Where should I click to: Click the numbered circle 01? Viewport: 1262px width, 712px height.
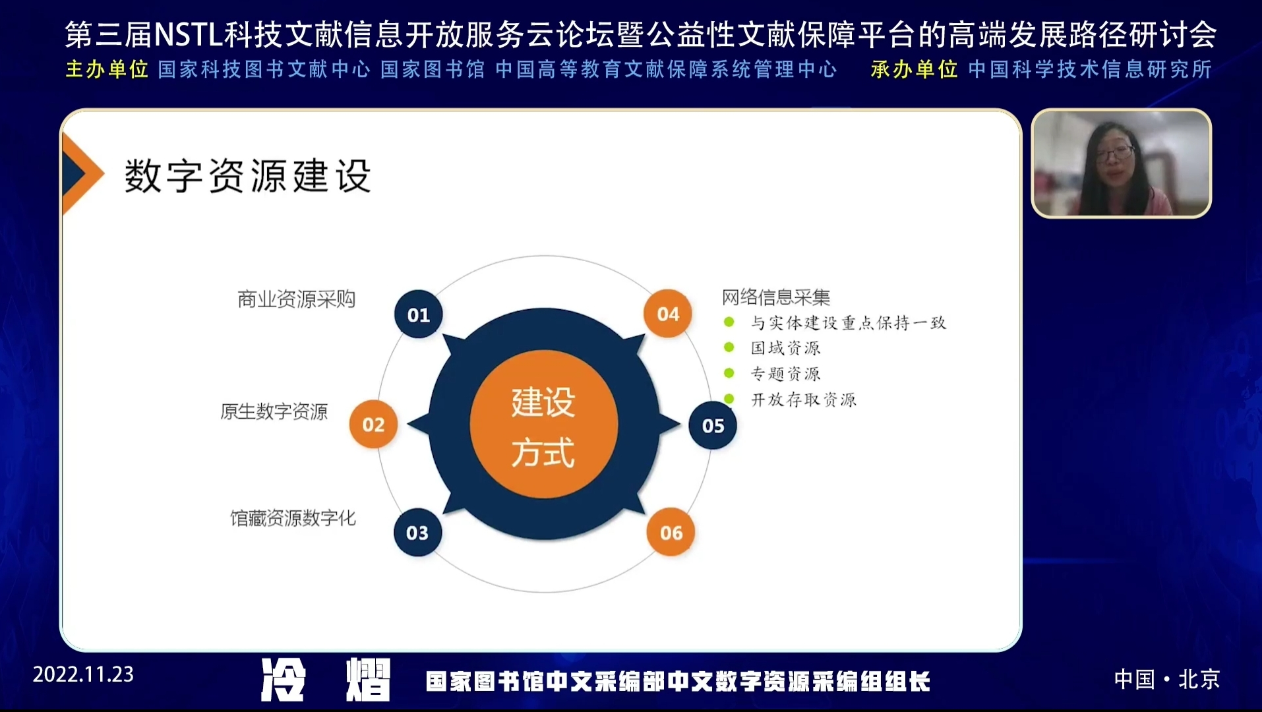tap(418, 314)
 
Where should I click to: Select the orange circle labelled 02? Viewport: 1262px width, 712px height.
tap(373, 425)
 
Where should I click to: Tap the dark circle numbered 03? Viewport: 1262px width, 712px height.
tap(417, 533)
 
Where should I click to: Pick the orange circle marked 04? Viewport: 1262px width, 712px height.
tap(668, 314)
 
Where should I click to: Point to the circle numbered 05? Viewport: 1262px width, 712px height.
tap(713, 426)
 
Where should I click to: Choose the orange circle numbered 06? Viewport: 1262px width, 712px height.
tap(671, 533)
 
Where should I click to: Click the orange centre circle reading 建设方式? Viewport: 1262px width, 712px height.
tap(544, 425)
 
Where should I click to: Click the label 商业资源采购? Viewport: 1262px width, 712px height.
tap(297, 299)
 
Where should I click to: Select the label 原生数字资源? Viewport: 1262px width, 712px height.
tap(274, 412)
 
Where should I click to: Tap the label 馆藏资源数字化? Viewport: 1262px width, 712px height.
tap(293, 518)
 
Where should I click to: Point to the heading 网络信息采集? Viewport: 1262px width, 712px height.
tap(776, 297)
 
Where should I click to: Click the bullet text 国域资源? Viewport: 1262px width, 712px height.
tap(785, 348)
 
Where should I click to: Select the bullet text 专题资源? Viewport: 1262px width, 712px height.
tap(785, 374)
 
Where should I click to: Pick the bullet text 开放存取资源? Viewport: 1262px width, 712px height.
tap(804, 400)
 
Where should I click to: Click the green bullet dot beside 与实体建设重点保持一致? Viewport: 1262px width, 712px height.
tap(729, 322)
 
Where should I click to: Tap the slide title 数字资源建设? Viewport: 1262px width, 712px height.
tap(248, 176)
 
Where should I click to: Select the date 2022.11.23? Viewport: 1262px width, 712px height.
tap(83, 674)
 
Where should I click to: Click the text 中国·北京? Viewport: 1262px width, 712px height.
tap(1167, 679)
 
